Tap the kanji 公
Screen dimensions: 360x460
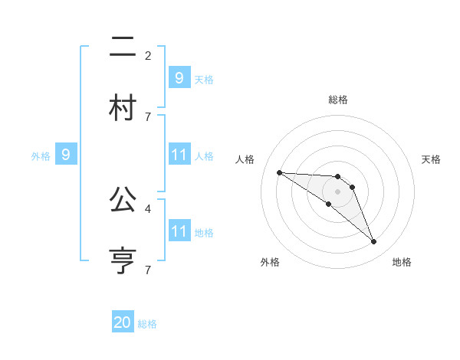(x=123, y=201)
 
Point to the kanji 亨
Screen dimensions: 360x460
(x=123, y=258)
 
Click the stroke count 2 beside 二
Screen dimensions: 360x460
(x=148, y=55)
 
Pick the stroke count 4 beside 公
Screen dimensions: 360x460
(x=148, y=208)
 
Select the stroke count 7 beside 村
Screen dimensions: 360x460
(x=148, y=116)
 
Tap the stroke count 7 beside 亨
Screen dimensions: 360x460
(x=148, y=270)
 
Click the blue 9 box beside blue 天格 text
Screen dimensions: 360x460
(x=179, y=77)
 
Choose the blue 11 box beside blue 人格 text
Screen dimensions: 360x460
(x=179, y=155)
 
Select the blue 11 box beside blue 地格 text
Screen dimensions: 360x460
(x=179, y=231)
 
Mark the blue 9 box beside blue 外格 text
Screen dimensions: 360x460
(x=66, y=155)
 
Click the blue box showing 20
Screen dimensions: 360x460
(x=123, y=322)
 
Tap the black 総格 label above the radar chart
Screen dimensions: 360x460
(x=338, y=100)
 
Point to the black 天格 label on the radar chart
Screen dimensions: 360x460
(x=432, y=159)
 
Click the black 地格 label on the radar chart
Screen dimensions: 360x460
(x=402, y=262)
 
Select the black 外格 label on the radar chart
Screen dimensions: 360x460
(x=270, y=262)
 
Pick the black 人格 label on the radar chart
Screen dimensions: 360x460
(x=245, y=159)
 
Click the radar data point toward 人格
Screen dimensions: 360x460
(x=279, y=172)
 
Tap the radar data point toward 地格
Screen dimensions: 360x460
(x=373, y=242)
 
